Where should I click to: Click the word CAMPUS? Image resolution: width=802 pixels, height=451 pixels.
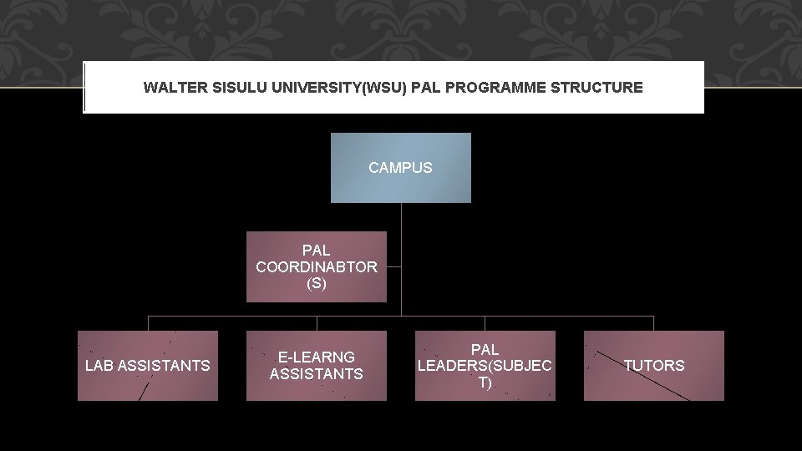pos(400,168)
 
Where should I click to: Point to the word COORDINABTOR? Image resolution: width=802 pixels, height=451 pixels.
pos(317,267)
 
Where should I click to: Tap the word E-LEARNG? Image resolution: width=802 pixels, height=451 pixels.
pos(317,357)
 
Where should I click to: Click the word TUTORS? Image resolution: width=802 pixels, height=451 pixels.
pos(653,366)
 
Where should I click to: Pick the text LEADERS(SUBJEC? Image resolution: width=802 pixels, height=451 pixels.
pos(485,366)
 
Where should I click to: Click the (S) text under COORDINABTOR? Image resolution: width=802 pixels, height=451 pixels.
pos(317,284)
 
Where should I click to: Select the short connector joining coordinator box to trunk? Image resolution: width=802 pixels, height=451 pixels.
pos(394,267)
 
